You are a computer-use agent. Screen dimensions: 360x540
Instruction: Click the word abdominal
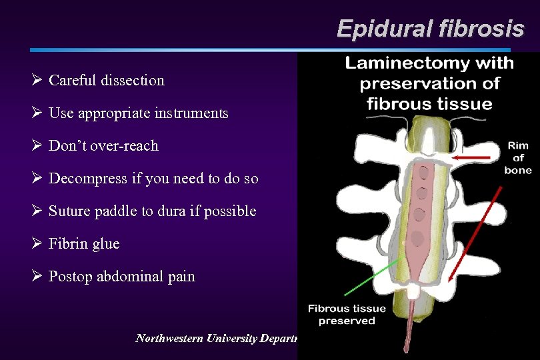(127, 277)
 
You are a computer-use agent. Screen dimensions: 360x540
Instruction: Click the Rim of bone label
(517, 159)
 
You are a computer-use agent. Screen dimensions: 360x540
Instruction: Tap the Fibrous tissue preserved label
(347, 314)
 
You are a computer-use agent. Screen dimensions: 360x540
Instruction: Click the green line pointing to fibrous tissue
(367, 280)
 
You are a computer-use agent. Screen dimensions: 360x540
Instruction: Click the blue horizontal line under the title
(267, 50)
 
